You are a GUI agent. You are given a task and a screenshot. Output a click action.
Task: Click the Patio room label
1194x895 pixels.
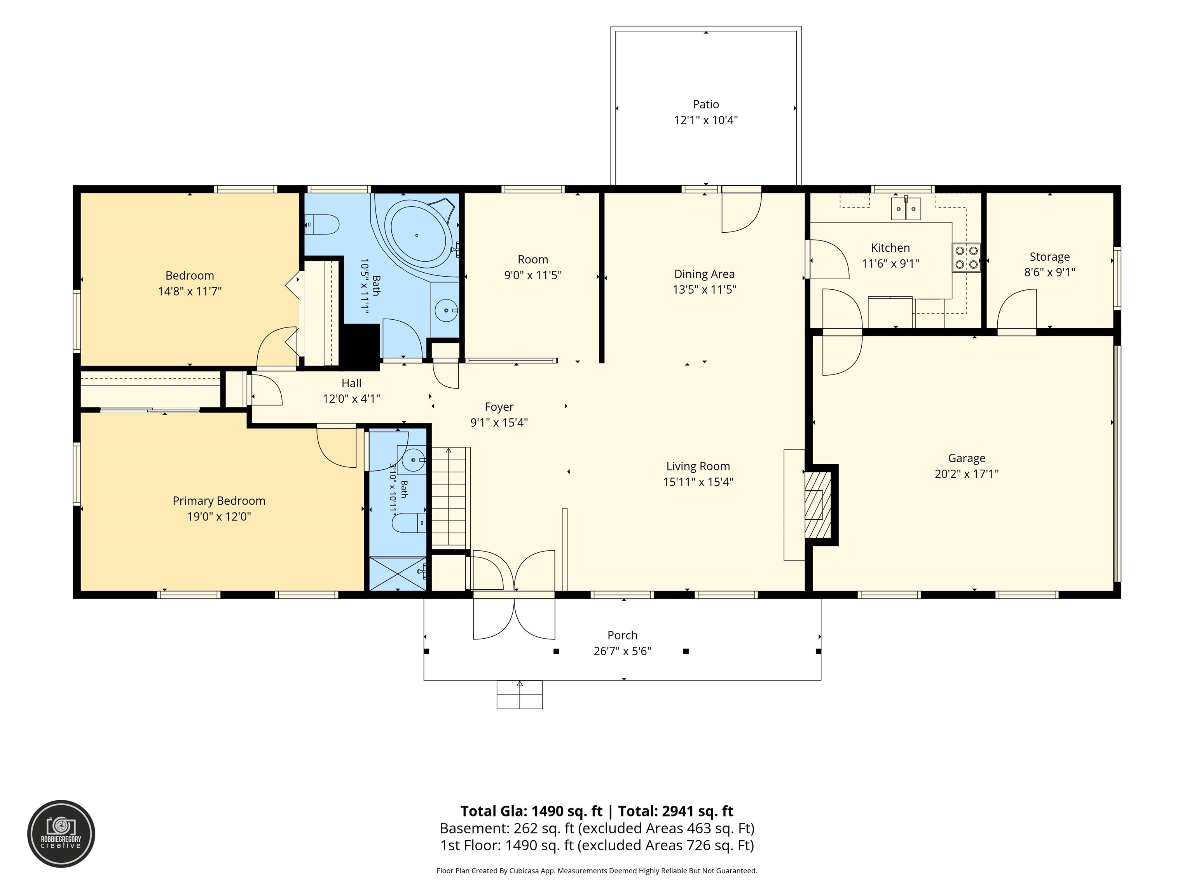[x=705, y=104]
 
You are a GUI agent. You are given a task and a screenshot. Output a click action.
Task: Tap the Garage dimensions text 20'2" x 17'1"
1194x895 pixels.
[x=967, y=474]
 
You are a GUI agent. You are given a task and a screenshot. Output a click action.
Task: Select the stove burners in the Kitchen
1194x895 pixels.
[x=966, y=258]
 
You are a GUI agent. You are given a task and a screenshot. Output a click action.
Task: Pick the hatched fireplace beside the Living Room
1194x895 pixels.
[x=818, y=505]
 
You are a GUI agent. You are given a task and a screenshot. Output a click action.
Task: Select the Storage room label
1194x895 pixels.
[x=1049, y=257]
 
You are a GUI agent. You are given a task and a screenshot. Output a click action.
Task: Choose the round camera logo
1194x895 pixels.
[x=61, y=834]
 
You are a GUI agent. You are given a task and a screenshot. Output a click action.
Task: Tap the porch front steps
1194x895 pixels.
[x=519, y=694]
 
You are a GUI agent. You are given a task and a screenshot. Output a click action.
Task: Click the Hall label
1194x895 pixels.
[x=351, y=383]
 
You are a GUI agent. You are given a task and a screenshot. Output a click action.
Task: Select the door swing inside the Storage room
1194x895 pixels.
[x=1016, y=308]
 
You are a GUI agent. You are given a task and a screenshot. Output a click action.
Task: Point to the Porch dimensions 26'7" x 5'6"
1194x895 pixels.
[x=622, y=651]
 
